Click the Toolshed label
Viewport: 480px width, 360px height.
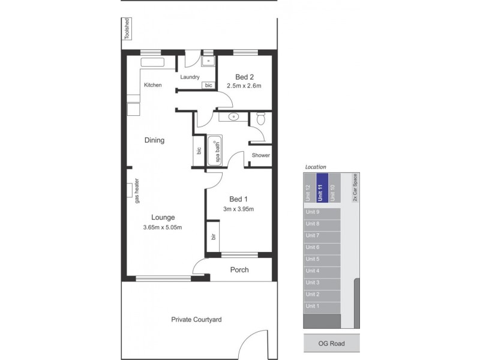[127, 29]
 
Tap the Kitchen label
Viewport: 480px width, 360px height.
[152, 85]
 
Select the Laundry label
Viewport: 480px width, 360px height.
[190, 77]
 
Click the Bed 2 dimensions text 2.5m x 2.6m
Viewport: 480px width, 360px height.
[244, 86]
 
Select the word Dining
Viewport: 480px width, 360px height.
[154, 140]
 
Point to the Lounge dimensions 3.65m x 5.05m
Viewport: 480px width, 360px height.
[162, 227]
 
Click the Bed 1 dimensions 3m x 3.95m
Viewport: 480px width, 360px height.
[238, 209]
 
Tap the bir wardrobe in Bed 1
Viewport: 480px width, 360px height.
[212, 238]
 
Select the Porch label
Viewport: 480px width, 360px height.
[239, 270]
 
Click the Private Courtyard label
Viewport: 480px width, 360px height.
[196, 320]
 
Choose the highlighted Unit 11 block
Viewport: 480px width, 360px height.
[322, 188]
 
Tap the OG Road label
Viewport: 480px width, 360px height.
[332, 344]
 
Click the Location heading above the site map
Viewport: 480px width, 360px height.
[315, 166]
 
